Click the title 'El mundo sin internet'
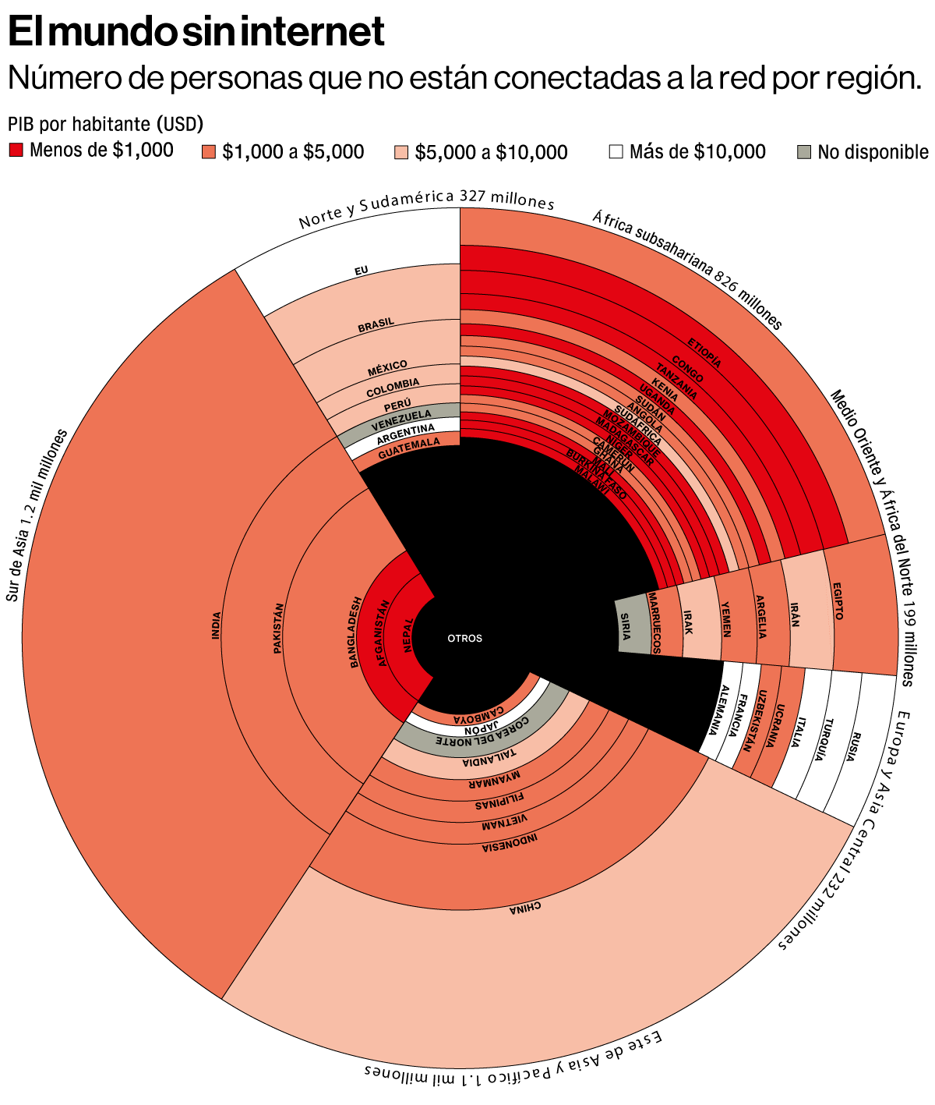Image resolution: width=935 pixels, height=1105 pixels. point(196,33)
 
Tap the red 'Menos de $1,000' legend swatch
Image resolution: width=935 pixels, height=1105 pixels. point(16,150)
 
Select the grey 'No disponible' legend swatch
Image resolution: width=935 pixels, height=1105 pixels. point(806,151)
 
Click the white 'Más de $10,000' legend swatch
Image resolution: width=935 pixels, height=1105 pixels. point(616,151)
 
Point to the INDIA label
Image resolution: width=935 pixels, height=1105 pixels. point(216,625)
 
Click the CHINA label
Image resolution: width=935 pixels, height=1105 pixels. point(524,908)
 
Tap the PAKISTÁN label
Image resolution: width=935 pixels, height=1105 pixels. point(278,628)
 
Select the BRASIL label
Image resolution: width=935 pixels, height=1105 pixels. point(376,326)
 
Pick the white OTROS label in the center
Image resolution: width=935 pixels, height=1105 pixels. point(464,639)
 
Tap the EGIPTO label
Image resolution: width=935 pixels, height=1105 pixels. point(838,601)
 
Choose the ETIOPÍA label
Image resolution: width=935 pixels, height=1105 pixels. point(704,353)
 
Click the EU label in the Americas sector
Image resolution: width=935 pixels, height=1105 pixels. point(361,271)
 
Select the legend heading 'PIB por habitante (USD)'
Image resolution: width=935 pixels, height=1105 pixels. point(105,123)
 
